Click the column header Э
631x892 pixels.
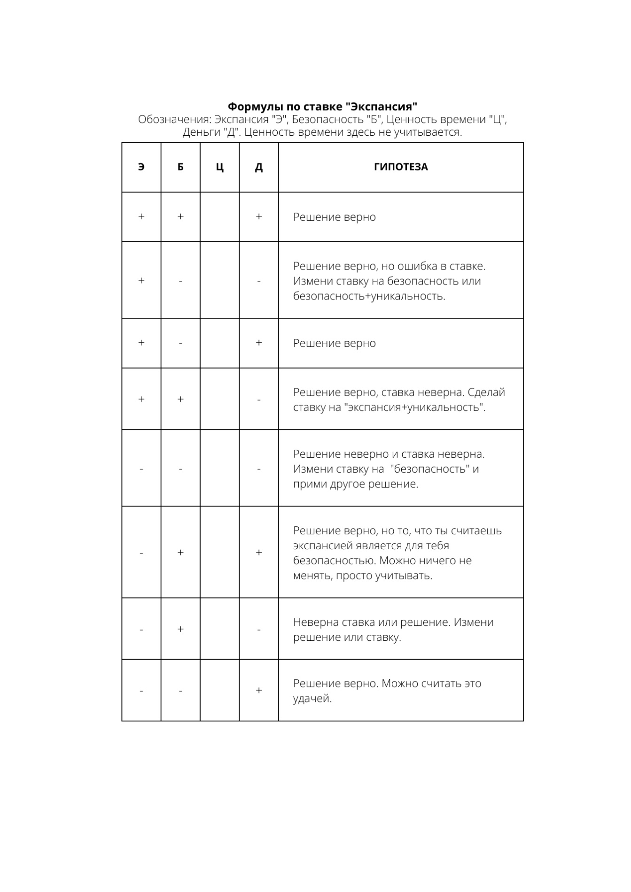coord(141,167)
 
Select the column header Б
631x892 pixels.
coord(180,167)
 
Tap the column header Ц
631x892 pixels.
coord(220,167)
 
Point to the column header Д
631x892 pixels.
coord(259,167)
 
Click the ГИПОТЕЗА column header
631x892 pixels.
coord(401,167)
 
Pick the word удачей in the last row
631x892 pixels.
coord(312,699)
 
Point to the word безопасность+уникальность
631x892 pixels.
coord(369,296)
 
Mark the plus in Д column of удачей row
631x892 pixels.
coord(259,691)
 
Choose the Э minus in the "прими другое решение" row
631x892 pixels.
coord(141,469)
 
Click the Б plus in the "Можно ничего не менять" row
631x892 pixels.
coord(180,553)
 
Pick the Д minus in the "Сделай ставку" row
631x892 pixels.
coord(259,400)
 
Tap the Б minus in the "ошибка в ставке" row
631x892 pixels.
coord(180,281)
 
